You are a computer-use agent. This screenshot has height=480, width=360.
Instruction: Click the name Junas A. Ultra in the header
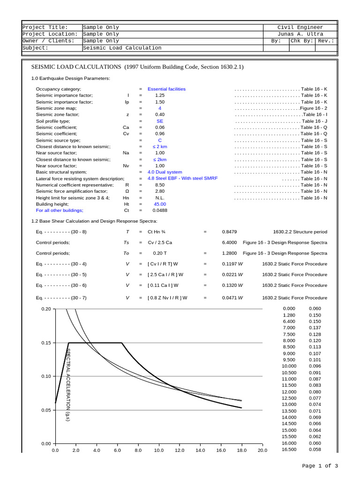click(x=300, y=34)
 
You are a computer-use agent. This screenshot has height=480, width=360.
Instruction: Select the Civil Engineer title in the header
click(x=300, y=27)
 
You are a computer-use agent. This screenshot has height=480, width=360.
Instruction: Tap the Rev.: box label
click(x=326, y=41)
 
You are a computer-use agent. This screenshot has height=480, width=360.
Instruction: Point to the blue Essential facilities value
click(x=166, y=89)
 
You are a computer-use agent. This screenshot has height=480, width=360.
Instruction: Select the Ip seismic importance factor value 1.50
click(x=160, y=102)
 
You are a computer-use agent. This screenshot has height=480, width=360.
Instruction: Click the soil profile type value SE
click(x=160, y=121)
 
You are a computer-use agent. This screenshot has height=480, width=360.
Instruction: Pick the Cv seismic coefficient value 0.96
click(x=160, y=134)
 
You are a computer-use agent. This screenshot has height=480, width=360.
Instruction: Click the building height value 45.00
click(x=160, y=204)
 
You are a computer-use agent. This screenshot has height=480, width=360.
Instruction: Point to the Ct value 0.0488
click(x=160, y=210)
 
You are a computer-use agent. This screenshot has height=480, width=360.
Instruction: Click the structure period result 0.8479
click(x=229, y=232)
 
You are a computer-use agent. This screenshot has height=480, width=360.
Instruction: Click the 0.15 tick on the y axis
click(x=46, y=343)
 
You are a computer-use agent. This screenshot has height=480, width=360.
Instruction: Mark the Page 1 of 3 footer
click(x=320, y=465)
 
